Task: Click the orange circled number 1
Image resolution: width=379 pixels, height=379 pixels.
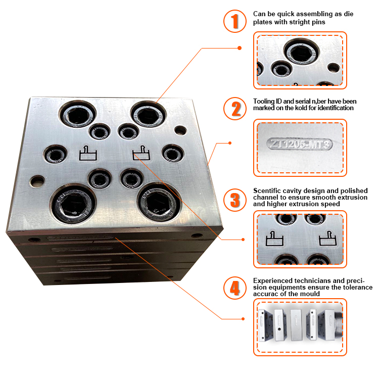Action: (x=234, y=22)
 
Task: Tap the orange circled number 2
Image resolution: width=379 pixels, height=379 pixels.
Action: (x=234, y=108)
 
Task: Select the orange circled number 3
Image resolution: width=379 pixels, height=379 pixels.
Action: (x=234, y=198)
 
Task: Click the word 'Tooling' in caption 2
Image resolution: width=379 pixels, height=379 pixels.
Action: (x=264, y=101)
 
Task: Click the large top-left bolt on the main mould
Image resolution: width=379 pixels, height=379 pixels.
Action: (x=75, y=115)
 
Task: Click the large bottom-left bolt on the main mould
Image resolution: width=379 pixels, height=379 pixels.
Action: (x=73, y=203)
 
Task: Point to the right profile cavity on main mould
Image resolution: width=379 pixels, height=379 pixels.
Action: (x=141, y=153)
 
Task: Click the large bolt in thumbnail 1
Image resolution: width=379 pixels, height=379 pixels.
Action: (x=302, y=51)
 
